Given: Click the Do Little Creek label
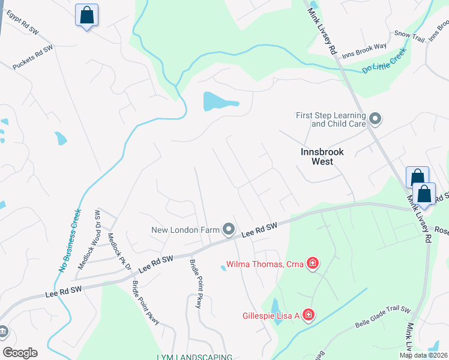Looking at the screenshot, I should [384, 61].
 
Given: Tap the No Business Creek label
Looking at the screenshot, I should [70, 240].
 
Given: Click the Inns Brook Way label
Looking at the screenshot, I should [364, 52].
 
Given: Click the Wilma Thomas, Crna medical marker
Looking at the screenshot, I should [312, 264].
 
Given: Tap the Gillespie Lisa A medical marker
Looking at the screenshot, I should [308, 314].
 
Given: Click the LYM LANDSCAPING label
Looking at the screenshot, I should [194, 357].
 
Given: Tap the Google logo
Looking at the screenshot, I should [20, 352].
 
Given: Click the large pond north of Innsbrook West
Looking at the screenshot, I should [219, 101].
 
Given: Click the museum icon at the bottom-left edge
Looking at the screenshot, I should [3, 331].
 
